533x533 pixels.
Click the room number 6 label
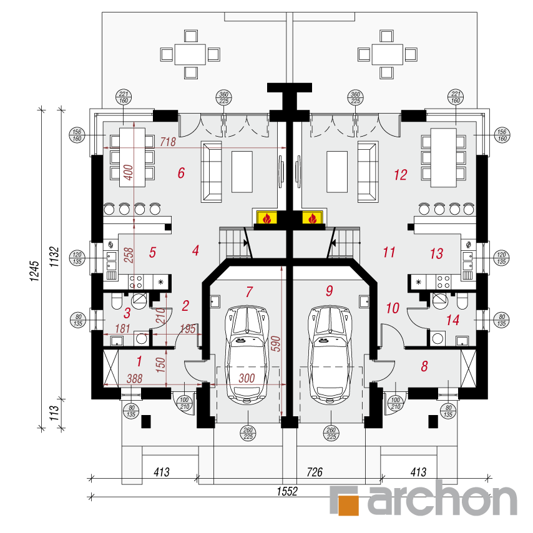pyautogui.click(x=181, y=173)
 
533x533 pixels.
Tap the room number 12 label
pyautogui.click(x=401, y=175)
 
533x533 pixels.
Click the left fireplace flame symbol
pyautogui.click(x=267, y=218)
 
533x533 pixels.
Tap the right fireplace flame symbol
pyautogui.click(x=313, y=218)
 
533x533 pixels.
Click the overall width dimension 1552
pyautogui.click(x=287, y=491)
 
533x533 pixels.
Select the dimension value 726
pyautogui.click(x=315, y=472)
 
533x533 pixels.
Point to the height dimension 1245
pyautogui.click(x=35, y=271)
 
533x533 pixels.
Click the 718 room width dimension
pyautogui.click(x=168, y=142)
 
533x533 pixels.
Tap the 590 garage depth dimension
pyautogui.click(x=276, y=344)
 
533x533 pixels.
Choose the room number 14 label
pyautogui.click(x=452, y=320)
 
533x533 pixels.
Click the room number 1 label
pyautogui.click(x=139, y=361)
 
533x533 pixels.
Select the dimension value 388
pyautogui.click(x=134, y=379)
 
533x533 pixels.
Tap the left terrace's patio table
pyautogui.click(x=190, y=54)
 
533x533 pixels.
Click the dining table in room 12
pyautogui.click(x=443, y=157)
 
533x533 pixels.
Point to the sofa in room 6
pyautogui.click(x=212, y=172)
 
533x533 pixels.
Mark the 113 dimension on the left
pyautogui.click(x=54, y=413)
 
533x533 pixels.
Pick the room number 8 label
pyautogui.click(x=424, y=366)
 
